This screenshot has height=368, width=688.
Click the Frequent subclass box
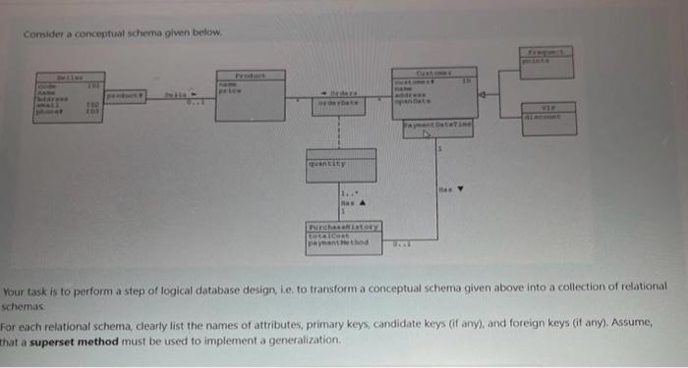[x=553, y=61]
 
